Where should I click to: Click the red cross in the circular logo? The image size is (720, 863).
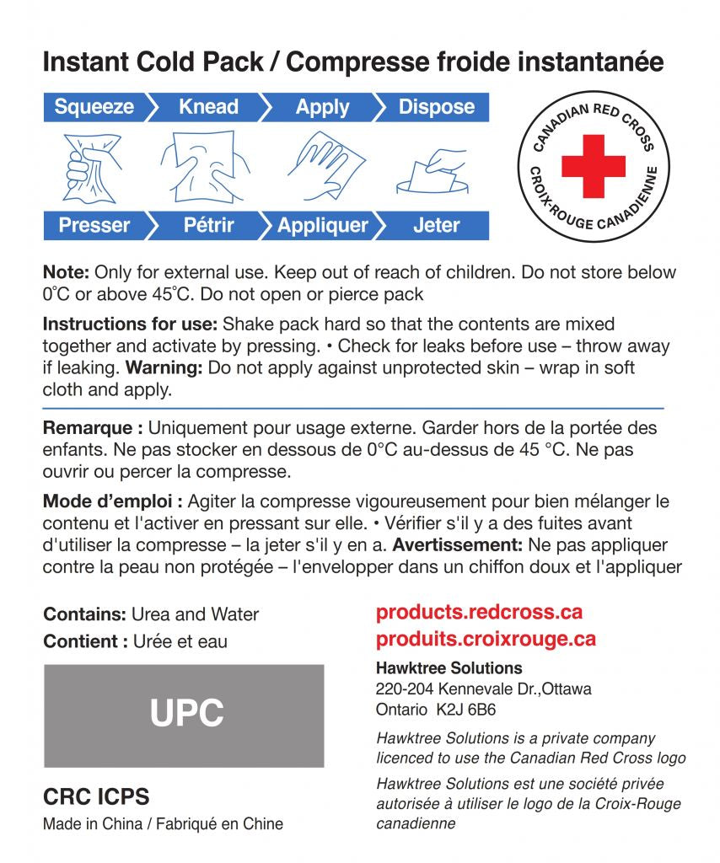pos(593,166)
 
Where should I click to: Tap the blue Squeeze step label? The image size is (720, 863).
pos(94,107)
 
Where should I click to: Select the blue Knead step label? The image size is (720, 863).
pos(208,107)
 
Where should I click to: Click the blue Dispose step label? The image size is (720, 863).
pos(436,107)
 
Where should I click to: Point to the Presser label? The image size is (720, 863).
pos(94,225)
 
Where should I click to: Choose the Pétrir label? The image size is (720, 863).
pos(208,225)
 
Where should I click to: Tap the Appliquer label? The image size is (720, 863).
pos(323,225)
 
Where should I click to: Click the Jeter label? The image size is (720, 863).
pos(436,225)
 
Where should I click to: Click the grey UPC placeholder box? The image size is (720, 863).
pos(184,715)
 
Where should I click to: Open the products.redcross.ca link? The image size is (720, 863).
pos(479,613)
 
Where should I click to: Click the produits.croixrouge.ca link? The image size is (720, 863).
pos(486,639)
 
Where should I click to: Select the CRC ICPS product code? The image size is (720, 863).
pos(95,796)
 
